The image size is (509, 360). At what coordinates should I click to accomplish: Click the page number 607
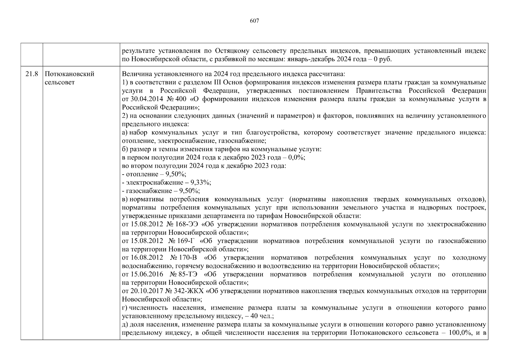(254, 21)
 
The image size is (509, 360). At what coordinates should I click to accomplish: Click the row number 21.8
(32, 74)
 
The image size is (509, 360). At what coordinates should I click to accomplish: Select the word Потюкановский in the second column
(69, 74)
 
